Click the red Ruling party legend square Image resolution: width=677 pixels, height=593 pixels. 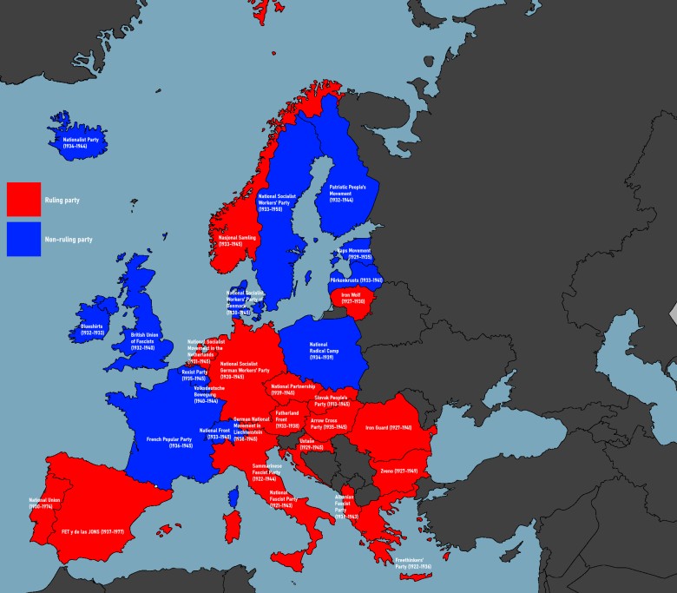(23, 199)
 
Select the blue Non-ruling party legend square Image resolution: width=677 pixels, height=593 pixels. (23, 239)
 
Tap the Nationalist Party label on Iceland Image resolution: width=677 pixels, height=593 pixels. (80, 142)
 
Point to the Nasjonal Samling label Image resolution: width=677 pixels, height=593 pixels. (230, 240)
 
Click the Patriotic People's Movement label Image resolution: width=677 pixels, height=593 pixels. (348, 193)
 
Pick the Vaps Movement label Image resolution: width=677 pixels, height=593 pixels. (353, 254)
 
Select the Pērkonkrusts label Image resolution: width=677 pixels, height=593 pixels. (356, 280)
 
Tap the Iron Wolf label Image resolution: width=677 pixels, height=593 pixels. (350, 297)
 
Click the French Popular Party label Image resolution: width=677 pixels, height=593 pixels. (169, 443)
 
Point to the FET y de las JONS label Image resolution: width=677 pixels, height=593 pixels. (95, 530)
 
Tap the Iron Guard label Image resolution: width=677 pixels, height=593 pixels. (387, 427)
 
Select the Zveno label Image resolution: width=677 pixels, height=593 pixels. (398, 470)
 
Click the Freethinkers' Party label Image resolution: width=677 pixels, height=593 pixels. (413, 564)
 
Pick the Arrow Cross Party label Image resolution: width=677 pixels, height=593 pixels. (329, 424)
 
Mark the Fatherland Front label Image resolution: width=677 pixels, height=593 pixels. (287, 418)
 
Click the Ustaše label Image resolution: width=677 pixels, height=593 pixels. (311, 444)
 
